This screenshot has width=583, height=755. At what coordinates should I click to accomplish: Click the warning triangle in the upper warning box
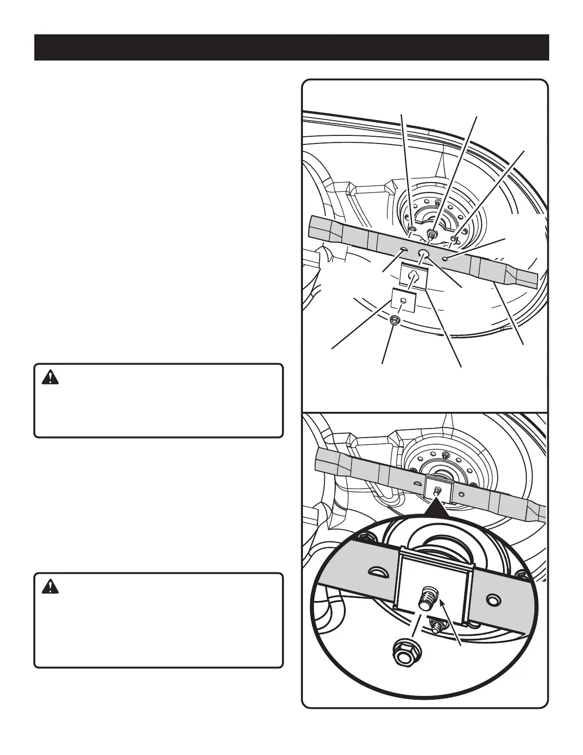[50, 378]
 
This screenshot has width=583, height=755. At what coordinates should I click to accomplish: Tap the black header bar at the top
[291, 47]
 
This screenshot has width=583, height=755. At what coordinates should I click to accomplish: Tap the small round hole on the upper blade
[444, 258]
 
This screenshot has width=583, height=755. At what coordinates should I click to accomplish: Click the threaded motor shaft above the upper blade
[432, 233]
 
